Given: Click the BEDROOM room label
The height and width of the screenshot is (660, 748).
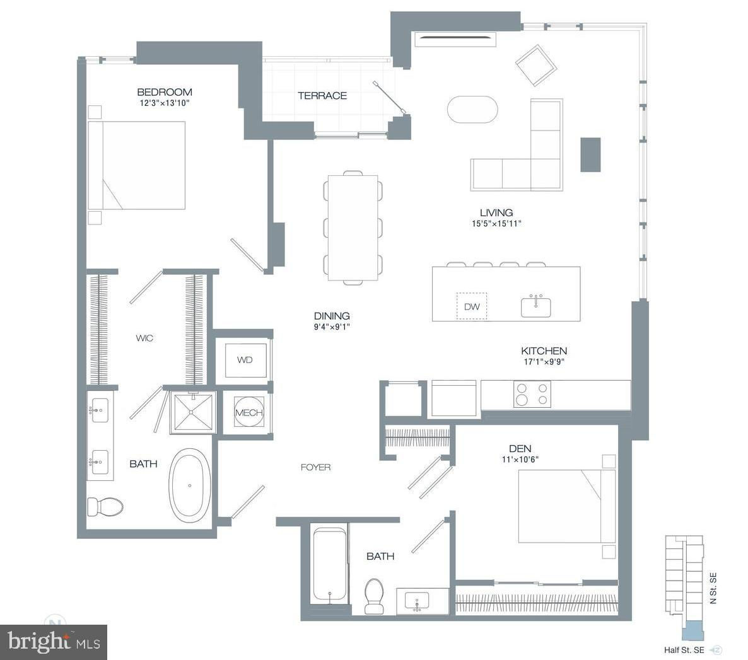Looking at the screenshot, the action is pos(165,92).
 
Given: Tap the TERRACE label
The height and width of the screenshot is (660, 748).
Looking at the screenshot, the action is pos(322,95).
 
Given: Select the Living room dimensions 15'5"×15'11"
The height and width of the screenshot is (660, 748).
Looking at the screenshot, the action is pos(496,223).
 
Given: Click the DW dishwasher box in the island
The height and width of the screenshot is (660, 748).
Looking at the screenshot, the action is pos(472,306).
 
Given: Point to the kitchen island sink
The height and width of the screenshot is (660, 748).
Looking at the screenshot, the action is pos(535,306).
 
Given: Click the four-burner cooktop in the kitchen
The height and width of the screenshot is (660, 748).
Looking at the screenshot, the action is pos(532,395).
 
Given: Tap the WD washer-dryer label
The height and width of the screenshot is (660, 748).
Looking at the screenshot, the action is pos(245,360).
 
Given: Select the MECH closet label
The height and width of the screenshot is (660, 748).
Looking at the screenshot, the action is pos(249,413).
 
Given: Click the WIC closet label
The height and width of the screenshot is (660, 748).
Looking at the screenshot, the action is pos(144,338).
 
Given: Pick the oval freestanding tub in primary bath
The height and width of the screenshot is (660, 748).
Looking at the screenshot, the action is pos(190,485).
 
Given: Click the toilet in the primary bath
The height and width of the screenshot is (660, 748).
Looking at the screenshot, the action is pos(105,506).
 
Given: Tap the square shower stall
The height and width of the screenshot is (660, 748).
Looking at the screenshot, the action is pos(193,412).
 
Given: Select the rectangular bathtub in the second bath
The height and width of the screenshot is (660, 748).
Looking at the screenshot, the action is pos(330,564).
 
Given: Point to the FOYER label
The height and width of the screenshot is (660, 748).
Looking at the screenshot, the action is pos(316,467).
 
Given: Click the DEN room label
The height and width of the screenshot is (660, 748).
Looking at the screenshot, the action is pos(520,448).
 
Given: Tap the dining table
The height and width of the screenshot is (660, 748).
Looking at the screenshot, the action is pos(353,228).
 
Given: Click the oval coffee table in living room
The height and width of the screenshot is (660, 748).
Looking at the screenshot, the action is pos(472,110).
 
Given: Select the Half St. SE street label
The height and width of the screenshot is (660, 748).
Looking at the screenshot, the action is pos(684,650).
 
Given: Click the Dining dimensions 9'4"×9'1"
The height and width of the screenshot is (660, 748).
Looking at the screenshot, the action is pos(332,327).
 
